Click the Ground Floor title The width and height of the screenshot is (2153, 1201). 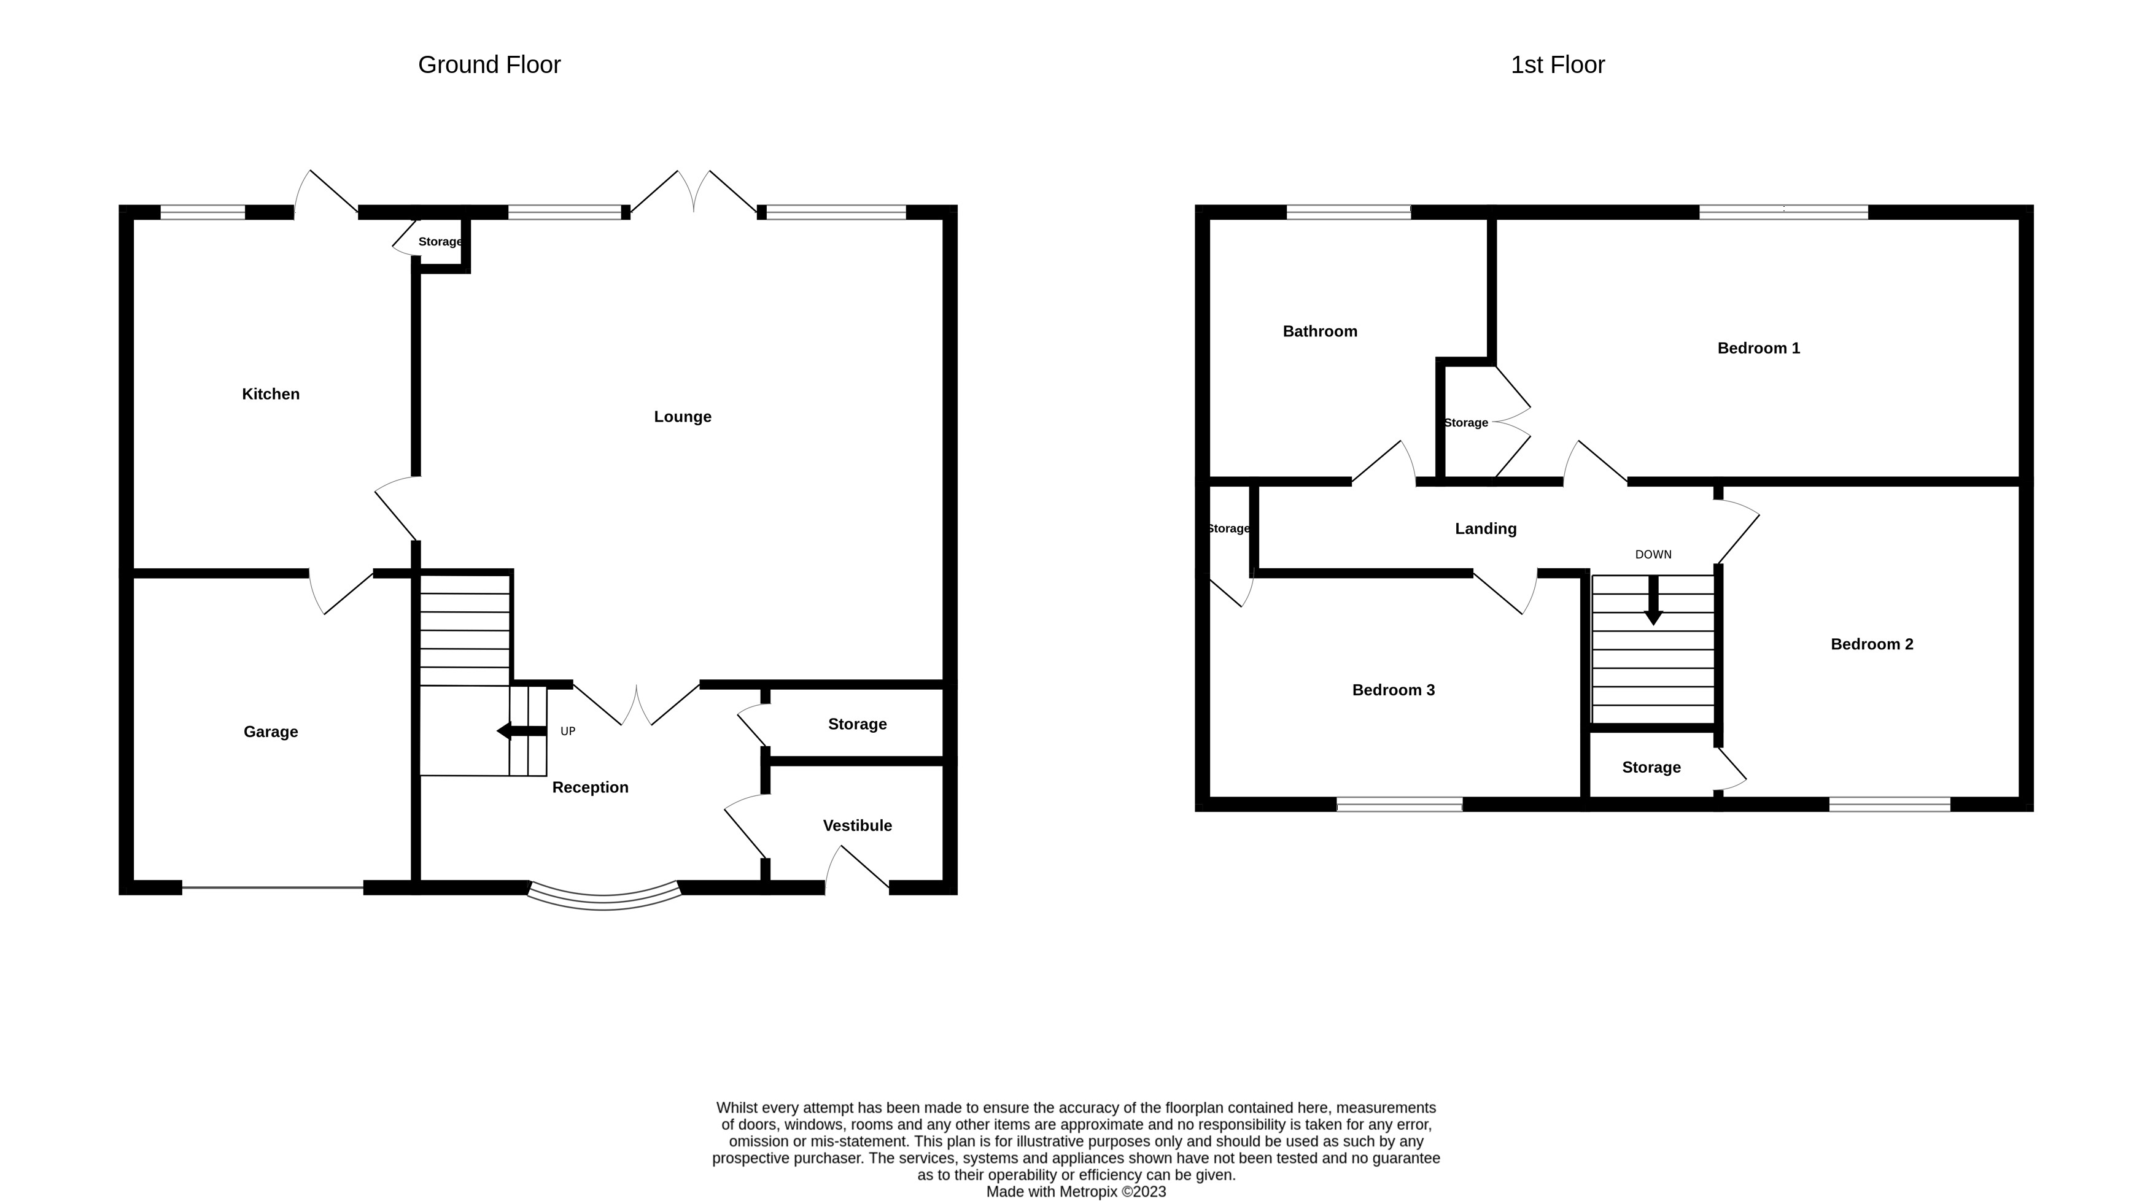coord(489,64)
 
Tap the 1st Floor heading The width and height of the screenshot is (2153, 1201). coord(1557,64)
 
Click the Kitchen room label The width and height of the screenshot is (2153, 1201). coord(270,393)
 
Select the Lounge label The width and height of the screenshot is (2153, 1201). coord(682,416)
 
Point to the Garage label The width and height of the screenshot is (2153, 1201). coord(270,732)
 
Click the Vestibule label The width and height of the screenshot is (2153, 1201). coord(856,825)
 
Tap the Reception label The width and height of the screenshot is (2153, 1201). coord(590,787)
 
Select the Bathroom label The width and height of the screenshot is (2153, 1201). coord(1320,331)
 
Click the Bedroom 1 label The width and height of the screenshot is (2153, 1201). coord(1758,348)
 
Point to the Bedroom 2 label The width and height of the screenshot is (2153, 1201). coord(1871,644)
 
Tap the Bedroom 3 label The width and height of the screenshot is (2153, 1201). coord(1393,690)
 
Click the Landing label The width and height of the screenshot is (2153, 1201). coord(1485,528)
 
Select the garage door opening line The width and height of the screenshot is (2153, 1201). coord(273,887)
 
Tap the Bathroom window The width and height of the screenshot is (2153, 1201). coord(1348,212)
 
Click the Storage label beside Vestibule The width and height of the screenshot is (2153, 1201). coord(856,724)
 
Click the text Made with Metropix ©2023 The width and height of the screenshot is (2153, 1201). coord(1076,1191)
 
